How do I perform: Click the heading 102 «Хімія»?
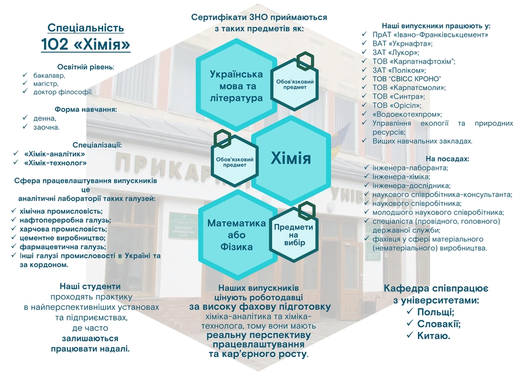[85, 45]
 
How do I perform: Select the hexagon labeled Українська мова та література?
[236, 85]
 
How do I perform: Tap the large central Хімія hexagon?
[291, 158]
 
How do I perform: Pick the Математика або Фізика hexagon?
[237, 235]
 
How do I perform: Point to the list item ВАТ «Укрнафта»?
[402, 44]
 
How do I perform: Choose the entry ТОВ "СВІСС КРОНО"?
[407, 79]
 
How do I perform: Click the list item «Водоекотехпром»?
[407, 114]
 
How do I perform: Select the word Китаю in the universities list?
[434, 336]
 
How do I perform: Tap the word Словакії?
[439, 324]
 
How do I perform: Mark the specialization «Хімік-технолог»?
[55, 163]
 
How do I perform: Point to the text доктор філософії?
[63, 92]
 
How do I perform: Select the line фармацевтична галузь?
[63, 247]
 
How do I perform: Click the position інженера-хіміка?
[401, 177]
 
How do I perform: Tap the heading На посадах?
[447, 159]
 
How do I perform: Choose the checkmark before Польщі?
[410, 311]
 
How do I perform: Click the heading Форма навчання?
[86, 110]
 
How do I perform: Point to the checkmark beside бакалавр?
[25, 75]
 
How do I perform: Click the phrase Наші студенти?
[90, 286]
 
